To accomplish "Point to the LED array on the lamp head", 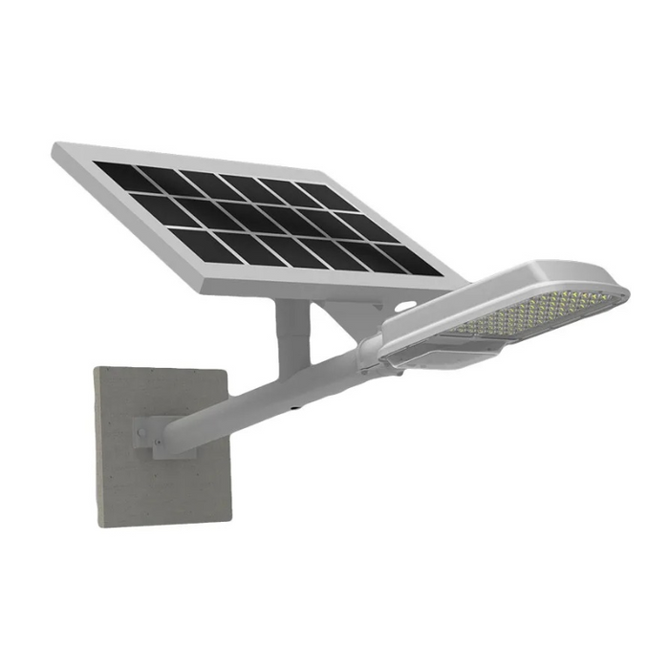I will (x=535, y=312).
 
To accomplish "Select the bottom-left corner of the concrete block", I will (x=99, y=523).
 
